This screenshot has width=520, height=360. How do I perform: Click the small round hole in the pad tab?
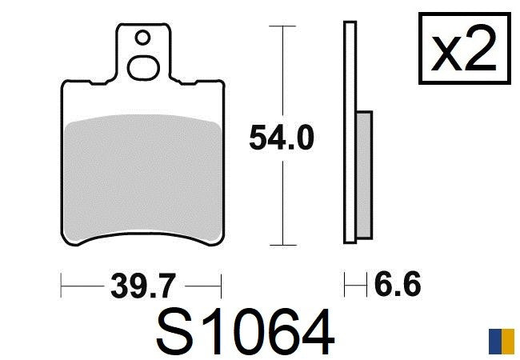pos(143,38)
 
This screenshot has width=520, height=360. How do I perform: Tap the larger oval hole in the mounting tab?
pos(143,68)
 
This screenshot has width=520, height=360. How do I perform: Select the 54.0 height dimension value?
pos(282,138)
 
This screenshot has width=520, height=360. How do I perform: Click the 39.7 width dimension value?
pos(143,286)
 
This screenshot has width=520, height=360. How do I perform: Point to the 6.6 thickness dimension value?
pos(398,285)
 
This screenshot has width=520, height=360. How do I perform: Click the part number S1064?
pos(245,332)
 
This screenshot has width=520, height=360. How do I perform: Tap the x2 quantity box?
pos(465,48)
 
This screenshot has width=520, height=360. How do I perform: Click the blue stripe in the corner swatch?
pos(495,341)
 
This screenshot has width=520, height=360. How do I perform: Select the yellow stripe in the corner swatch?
pos(508,341)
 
